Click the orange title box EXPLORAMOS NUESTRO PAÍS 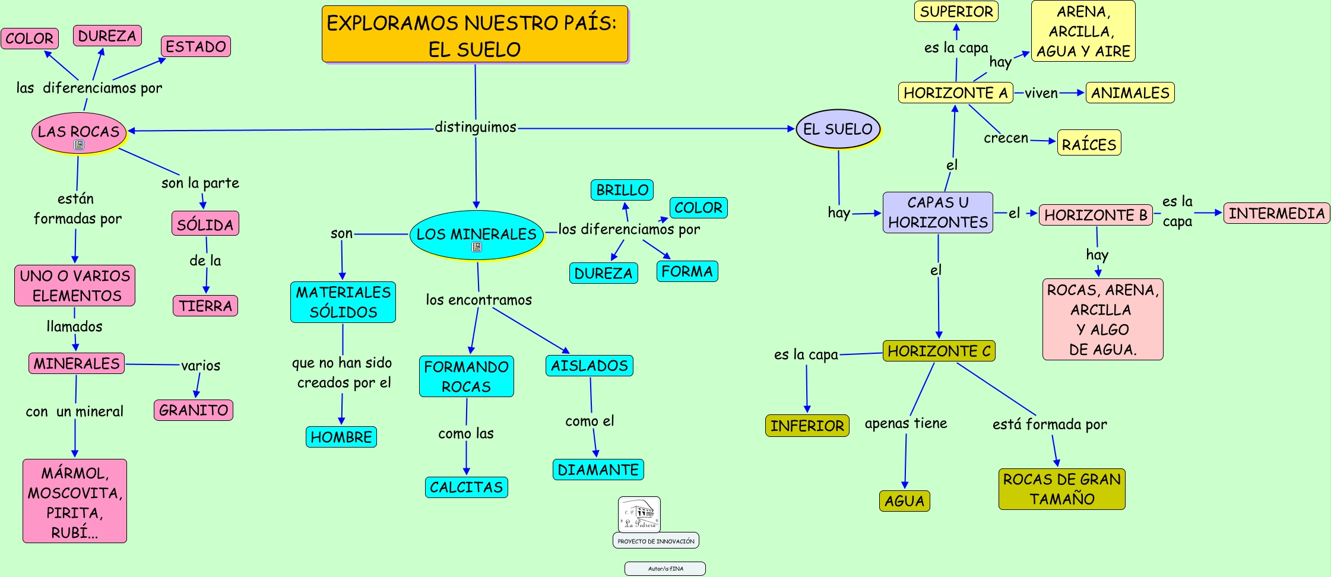pos(474,34)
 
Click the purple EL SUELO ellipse pos(838,129)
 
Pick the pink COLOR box pos(30,39)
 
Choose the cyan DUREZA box pos(603,273)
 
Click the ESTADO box pos(196,46)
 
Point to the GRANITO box pos(194,410)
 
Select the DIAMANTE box pos(598,470)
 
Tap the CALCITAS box pos(466,487)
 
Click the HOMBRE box pos(341,437)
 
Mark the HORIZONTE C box pos(939,351)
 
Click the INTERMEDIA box pos(1276,213)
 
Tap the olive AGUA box pos(904,501)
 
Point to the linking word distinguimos pos(476,127)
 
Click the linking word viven pos(1041,93)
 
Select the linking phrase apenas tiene pos(905,423)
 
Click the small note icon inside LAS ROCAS pos(79,145)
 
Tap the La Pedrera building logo pos(639,514)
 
